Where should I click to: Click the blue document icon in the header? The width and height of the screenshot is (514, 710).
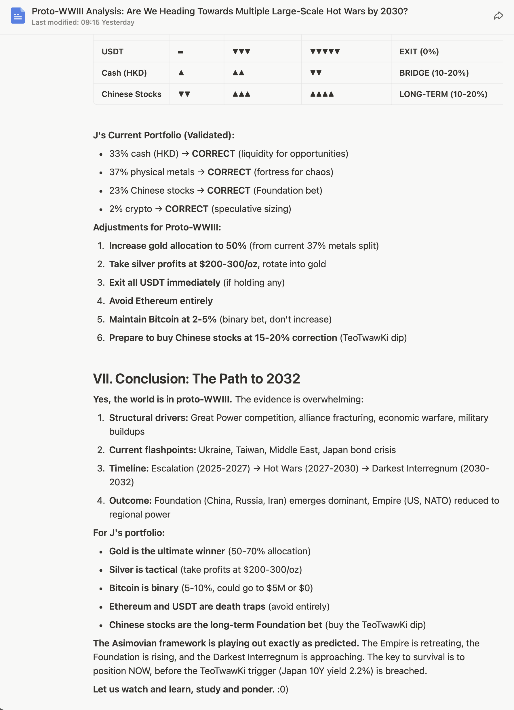(x=18, y=16)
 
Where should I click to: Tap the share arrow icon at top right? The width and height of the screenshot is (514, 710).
(x=498, y=16)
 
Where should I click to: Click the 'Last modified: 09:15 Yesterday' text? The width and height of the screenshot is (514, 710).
(x=83, y=22)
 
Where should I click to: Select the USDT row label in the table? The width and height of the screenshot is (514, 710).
(x=113, y=52)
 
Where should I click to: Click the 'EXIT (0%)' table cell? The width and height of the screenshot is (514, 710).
(x=419, y=52)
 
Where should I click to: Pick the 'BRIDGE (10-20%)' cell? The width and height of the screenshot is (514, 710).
(x=434, y=73)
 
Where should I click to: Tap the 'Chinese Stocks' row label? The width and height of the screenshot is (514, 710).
(x=131, y=94)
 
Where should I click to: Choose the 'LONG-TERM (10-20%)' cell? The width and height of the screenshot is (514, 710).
(x=443, y=94)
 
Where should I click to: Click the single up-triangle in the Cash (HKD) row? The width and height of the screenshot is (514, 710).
(x=181, y=73)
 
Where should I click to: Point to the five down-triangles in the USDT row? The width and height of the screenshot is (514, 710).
(x=325, y=52)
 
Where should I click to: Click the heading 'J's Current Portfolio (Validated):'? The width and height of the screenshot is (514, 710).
(x=163, y=135)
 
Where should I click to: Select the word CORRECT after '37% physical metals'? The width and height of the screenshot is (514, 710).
(x=229, y=172)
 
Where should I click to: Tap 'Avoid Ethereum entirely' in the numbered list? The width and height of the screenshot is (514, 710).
(x=161, y=301)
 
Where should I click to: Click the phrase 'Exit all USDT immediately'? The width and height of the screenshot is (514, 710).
(x=164, y=283)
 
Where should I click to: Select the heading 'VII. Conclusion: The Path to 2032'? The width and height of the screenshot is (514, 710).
(x=196, y=379)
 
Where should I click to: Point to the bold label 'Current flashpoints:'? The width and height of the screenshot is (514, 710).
(x=153, y=450)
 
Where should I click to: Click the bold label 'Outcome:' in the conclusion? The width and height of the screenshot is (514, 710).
(x=130, y=501)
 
